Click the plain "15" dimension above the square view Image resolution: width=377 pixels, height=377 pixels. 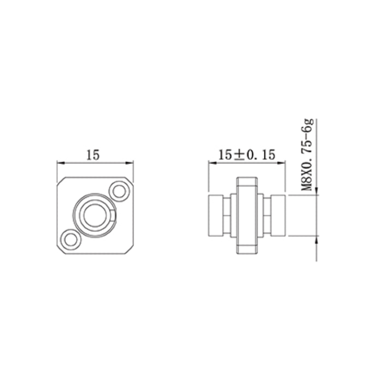93,155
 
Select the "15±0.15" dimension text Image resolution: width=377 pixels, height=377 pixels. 247,155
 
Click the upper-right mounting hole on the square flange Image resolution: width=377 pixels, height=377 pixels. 118,191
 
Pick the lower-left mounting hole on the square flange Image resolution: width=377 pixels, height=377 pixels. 71,239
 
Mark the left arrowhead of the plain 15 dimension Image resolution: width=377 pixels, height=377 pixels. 59,163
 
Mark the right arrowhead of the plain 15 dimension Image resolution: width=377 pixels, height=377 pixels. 131,163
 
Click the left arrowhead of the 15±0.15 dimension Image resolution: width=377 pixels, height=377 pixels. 211,163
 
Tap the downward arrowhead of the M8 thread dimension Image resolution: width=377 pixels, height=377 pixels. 316,191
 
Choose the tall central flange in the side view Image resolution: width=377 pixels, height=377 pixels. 247,215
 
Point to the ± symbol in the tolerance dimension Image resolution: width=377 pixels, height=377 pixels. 239,155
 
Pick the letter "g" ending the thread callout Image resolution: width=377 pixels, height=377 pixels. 309,123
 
